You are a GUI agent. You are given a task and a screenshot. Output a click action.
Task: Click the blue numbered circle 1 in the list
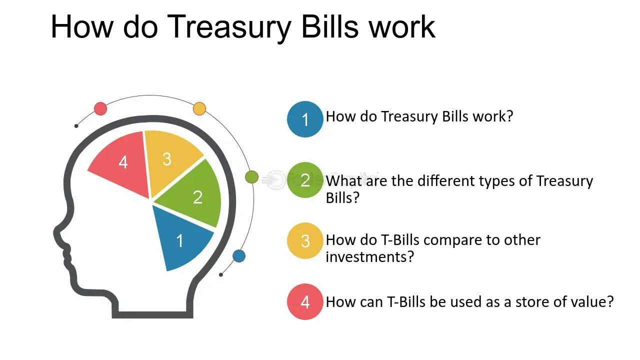pyautogui.click(x=305, y=119)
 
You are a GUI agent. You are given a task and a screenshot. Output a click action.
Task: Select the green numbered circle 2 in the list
pyautogui.click(x=305, y=180)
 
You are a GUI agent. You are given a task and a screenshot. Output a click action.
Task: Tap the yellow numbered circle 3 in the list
pyautogui.click(x=305, y=241)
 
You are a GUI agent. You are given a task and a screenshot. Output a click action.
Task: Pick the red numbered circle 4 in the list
pyautogui.click(x=305, y=301)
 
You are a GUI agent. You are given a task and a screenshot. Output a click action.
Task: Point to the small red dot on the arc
pyautogui.click(x=100, y=108)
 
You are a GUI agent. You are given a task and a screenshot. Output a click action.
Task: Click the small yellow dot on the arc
pyautogui.click(x=199, y=108)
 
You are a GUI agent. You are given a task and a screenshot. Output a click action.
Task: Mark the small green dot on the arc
pyautogui.click(x=251, y=177)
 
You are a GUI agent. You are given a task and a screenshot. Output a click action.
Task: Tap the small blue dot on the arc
pyautogui.click(x=239, y=255)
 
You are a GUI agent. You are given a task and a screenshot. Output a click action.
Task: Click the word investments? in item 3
pyautogui.click(x=369, y=256)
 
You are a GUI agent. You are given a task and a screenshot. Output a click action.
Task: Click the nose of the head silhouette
pyautogui.click(x=57, y=232)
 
